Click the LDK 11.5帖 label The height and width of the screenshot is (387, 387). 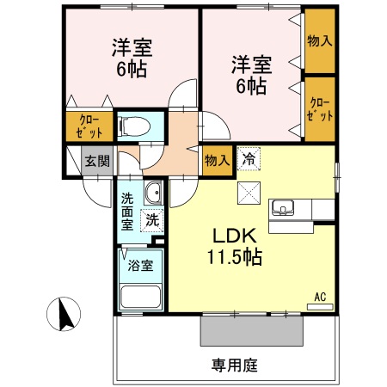point(227,245)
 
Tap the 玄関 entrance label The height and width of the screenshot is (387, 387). point(96,159)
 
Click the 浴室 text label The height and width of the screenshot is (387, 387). point(140,265)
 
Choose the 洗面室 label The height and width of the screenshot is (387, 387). point(127,212)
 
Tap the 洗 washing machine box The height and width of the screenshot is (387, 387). point(151,219)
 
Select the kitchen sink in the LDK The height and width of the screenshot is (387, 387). point(283,209)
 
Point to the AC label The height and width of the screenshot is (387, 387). point(320,297)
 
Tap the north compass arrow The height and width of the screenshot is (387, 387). point(63,313)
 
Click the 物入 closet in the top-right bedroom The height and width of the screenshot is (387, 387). point(319,40)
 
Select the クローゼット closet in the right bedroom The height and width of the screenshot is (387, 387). point(319,109)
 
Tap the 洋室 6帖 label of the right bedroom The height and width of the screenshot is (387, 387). point(250,74)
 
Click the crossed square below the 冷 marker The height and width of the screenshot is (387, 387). point(249,193)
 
